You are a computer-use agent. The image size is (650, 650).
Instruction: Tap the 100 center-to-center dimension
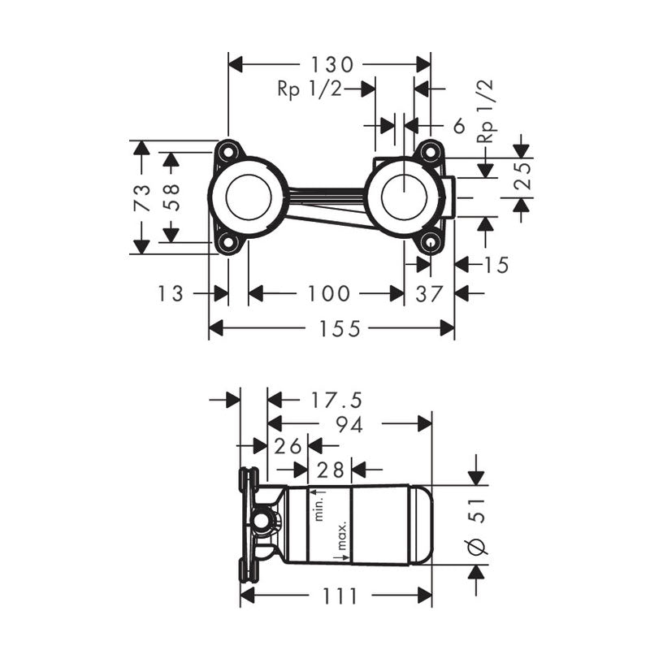click(x=328, y=293)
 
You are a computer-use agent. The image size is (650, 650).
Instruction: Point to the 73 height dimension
click(x=141, y=197)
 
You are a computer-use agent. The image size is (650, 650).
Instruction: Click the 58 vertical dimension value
click(x=171, y=197)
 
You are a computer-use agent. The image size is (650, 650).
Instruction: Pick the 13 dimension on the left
click(x=171, y=293)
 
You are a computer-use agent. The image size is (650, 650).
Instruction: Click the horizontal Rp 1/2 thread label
click(x=310, y=89)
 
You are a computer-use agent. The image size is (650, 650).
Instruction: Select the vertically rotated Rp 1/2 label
click(x=486, y=112)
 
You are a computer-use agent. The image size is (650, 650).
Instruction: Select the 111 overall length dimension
click(x=340, y=596)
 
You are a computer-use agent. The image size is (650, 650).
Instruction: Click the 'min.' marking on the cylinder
click(x=321, y=506)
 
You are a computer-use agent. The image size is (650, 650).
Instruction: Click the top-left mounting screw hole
click(x=227, y=152)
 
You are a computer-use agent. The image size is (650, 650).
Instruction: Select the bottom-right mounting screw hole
click(x=430, y=242)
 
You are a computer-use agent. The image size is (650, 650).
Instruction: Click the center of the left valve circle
click(x=248, y=197)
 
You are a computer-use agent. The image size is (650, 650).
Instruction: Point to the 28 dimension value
click(x=329, y=470)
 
